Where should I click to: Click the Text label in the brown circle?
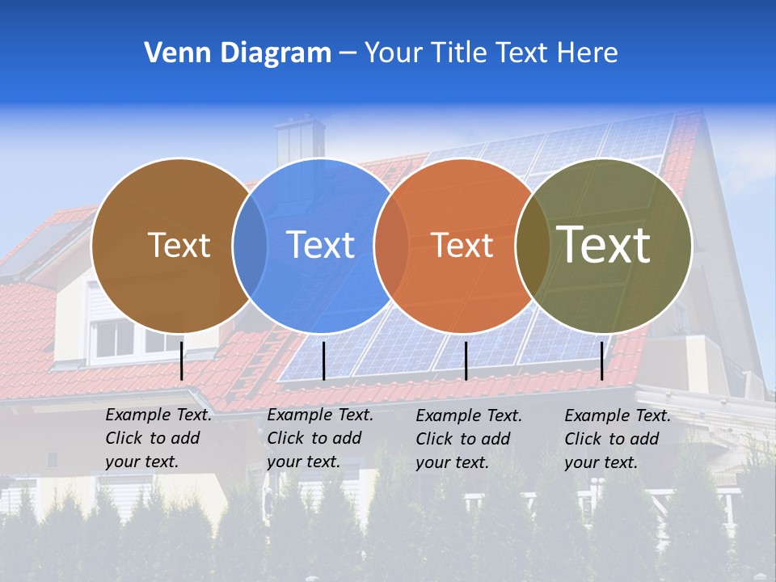tap(179, 245)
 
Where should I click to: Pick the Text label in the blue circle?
tap(321, 245)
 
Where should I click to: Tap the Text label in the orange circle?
tap(462, 245)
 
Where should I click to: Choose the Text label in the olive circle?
tap(604, 245)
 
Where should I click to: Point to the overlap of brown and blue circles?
tap(250, 245)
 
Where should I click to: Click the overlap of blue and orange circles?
tap(391, 245)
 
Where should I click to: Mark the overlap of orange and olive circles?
tap(532, 245)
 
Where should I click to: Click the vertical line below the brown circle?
tap(182, 361)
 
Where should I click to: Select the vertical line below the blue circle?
tap(323, 361)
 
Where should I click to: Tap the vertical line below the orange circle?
tap(466, 361)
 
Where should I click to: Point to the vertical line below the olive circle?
tap(602, 361)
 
